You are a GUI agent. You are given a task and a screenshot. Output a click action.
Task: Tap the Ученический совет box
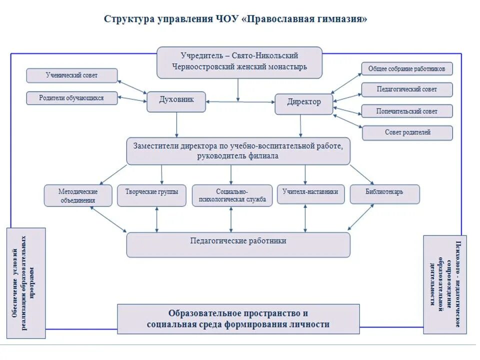72,75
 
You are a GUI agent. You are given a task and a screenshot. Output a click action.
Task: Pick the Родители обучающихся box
72,98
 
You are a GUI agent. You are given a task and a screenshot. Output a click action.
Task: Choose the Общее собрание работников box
406,68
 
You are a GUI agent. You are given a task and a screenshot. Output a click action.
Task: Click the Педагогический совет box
406,89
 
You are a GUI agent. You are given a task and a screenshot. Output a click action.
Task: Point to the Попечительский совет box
406,111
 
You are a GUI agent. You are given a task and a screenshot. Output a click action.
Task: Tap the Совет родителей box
406,132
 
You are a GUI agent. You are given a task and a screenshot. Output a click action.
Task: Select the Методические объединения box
77,195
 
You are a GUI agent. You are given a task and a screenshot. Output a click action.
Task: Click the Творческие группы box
151,195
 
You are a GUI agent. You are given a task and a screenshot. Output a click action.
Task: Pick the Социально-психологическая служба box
231,195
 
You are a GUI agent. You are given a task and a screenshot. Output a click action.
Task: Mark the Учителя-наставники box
310,194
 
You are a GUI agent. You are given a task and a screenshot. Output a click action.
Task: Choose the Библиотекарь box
384,194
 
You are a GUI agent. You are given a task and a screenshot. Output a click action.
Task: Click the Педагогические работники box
238,244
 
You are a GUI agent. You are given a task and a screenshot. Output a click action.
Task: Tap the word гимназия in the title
341,19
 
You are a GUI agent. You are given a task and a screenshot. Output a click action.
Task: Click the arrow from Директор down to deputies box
300,126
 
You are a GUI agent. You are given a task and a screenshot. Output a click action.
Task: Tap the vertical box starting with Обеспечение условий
26,282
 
